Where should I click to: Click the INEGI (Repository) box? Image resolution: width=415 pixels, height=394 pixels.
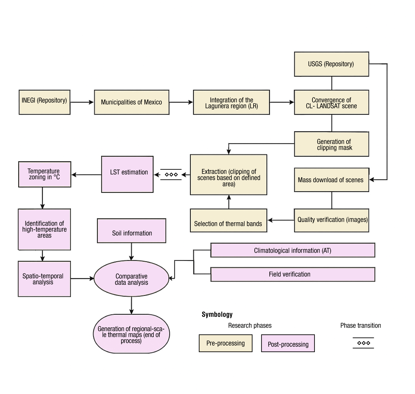(45, 102)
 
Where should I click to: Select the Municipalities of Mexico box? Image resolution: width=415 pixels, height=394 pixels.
(132, 102)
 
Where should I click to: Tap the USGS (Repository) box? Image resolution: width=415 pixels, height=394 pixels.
(331, 64)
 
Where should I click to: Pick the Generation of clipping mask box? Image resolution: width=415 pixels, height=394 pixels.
(331, 144)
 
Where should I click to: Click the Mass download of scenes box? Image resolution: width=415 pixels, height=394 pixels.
(331, 180)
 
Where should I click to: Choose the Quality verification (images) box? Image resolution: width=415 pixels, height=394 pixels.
(331, 220)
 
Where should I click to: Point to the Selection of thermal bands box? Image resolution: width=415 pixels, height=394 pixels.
(228, 220)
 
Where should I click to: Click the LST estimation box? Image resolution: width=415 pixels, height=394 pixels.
(127, 174)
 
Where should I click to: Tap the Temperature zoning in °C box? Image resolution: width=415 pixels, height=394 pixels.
(45, 174)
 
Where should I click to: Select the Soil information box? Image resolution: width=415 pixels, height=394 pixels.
(132, 231)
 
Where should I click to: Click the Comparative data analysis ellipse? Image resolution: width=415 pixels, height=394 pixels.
(131, 279)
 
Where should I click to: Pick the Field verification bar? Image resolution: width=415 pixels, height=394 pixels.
(293, 274)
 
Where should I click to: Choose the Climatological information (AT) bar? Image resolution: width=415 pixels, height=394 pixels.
(293, 250)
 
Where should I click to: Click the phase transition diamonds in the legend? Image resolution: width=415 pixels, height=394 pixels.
(363, 343)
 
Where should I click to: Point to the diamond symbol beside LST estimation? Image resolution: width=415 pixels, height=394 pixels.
(171, 174)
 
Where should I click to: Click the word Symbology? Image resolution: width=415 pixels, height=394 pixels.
(217, 314)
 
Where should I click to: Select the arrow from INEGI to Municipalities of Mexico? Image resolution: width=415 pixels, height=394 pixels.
(82, 102)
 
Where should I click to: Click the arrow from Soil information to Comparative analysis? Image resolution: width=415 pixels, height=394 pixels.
(131, 252)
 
